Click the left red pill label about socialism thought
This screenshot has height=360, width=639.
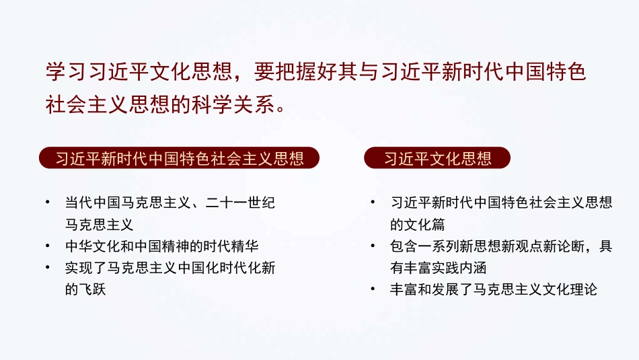pos(180,158)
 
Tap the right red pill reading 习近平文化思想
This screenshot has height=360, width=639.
pos(437,158)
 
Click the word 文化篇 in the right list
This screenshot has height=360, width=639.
pos(417,225)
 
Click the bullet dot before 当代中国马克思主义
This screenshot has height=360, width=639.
pos(47,203)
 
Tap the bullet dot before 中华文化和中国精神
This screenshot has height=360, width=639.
pos(47,246)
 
